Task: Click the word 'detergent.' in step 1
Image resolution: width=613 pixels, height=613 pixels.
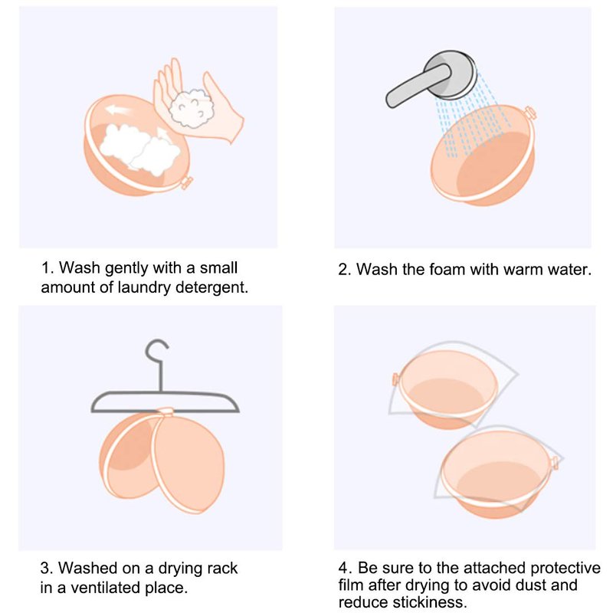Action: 212,288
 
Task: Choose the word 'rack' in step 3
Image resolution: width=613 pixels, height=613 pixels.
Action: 222,568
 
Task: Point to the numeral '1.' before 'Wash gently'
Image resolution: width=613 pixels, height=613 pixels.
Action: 48,268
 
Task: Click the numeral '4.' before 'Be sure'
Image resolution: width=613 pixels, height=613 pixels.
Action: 346,568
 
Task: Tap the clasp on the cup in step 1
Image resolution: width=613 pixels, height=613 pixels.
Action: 187,182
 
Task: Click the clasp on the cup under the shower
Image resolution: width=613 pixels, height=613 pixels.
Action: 529,113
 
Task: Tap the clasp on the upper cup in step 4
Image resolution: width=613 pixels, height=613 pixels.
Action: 395,379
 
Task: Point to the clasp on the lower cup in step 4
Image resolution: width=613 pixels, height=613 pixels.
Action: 554,463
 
